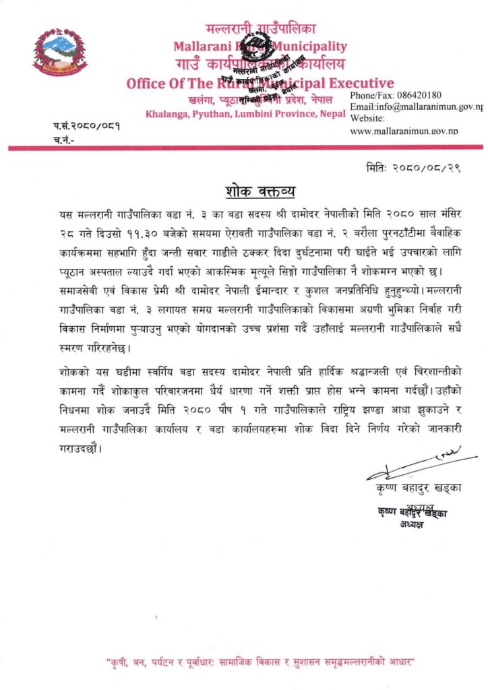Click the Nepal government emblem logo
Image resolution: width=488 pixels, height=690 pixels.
(x=60, y=53)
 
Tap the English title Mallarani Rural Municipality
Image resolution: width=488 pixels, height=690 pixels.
(x=260, y=46)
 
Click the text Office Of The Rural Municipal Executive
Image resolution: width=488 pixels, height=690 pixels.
(x=260, y=84)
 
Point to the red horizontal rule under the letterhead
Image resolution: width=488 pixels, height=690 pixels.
(x=244, y=146)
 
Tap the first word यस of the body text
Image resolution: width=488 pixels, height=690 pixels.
(x=65, y=213)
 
